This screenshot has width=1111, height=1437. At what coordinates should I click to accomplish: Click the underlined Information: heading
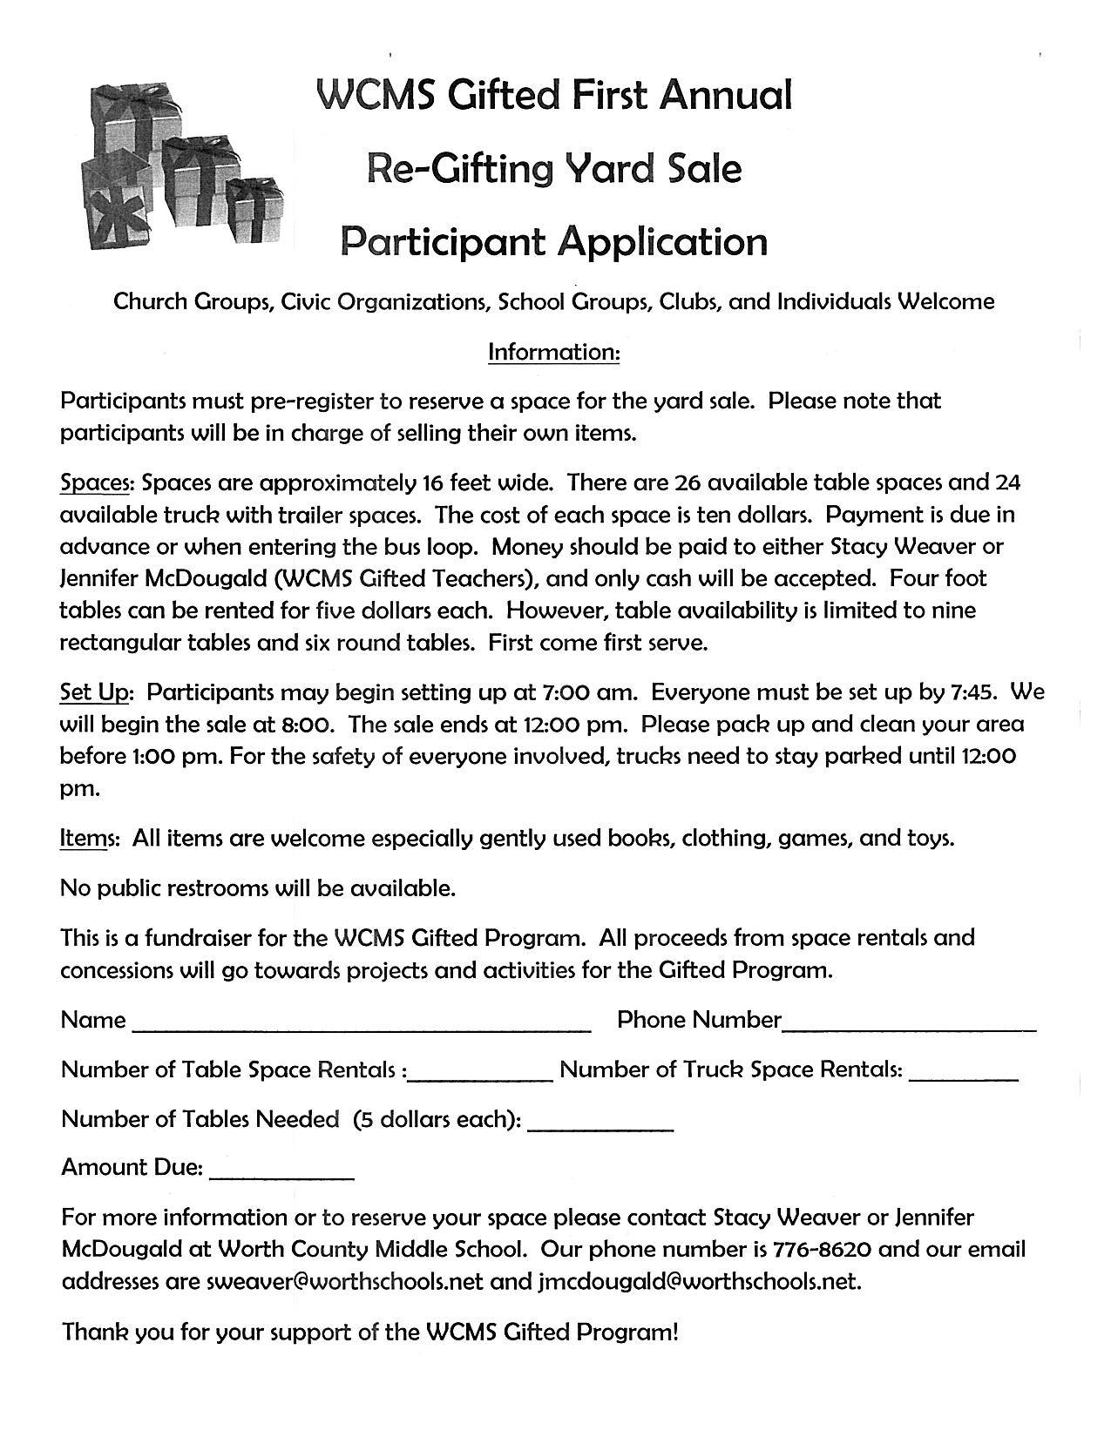click(554, 352)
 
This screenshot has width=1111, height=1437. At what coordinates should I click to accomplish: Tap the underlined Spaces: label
click(97, 482)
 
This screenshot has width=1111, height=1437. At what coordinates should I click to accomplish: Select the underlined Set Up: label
click(96, 692)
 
